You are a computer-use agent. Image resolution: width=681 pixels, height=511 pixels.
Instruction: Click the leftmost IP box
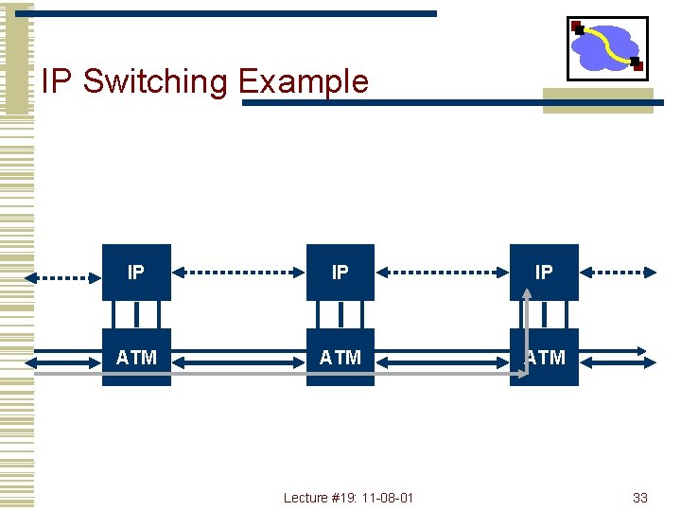pyautogui.click(x=136, y=273)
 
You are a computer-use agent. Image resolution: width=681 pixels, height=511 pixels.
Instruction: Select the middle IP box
pyautogui.click(x=340, y=273)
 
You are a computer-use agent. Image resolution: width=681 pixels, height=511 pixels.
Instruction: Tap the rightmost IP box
pyautogui.click(x=544, y=273)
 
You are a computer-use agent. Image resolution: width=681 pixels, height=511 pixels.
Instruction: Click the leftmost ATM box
pyautogui.click(x=136, y=357)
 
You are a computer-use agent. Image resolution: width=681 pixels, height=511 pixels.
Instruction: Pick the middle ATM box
pyautogui.click(x=340, y=357)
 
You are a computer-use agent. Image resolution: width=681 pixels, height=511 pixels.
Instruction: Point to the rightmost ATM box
pyautogui.click(x=545, y=357)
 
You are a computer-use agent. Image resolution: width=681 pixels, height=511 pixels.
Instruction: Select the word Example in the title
pyautogui.click(x=303, y=81)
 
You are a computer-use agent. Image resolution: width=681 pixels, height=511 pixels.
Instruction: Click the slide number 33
pyautogui.click(x=639, y=498)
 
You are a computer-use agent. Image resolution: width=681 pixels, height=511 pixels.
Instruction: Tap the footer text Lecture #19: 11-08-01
pyautogui.click(x=348, y=498)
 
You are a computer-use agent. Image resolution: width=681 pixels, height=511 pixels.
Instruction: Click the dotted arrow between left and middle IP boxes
pyautogui.click(x=238, y=273)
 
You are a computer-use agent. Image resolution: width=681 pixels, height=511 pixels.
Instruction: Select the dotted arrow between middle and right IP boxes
pyautogui.click(x=443, y=273)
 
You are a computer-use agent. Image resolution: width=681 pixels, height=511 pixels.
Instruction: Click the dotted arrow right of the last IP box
pyautogui.click(x=617, y=273)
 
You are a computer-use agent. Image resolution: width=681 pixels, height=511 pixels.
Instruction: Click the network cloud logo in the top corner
pyautogui.click(x=607, y=48)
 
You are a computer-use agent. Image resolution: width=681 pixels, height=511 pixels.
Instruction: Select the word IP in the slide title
pyautogui.click(x=57, y=81)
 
